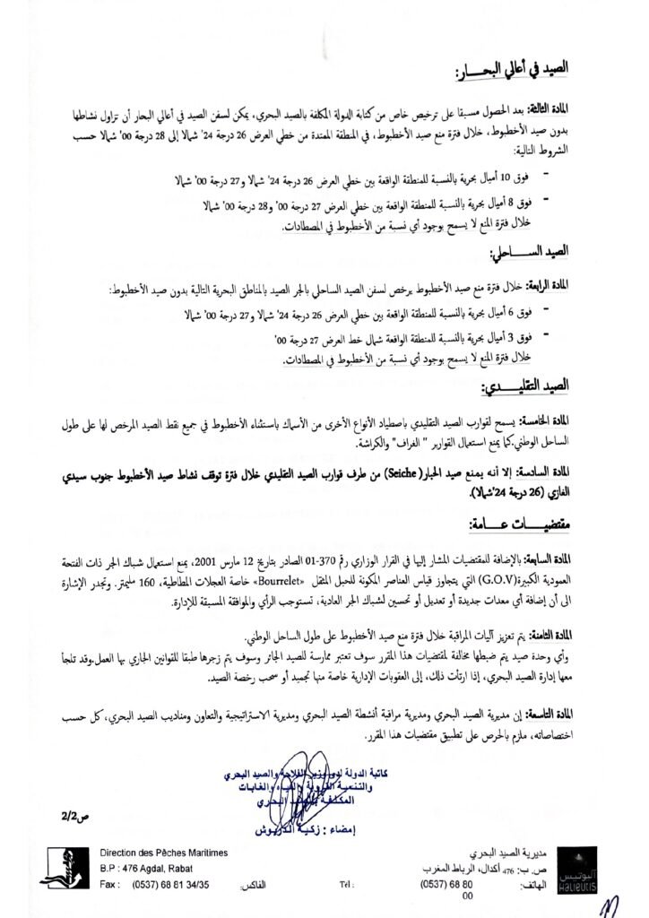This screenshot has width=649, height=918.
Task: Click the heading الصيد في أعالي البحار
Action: (521, 70)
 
